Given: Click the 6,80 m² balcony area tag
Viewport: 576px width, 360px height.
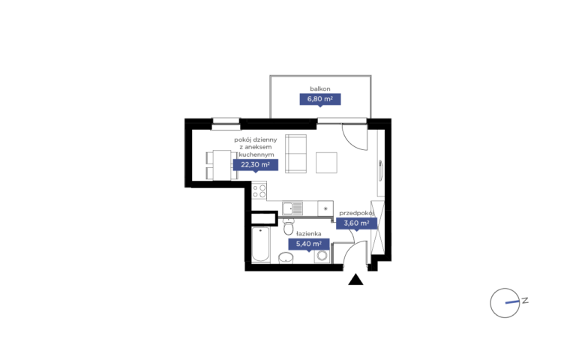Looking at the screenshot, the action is click(x=320, y=99).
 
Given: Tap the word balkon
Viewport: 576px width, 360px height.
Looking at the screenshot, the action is click(x=320, y=88).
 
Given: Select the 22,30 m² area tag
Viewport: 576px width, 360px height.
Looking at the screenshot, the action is click(x=255, y=165).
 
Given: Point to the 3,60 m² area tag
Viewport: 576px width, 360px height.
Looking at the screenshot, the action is click(x=356, y=223).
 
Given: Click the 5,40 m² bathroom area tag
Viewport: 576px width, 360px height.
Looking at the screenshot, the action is click(x=308, y=244).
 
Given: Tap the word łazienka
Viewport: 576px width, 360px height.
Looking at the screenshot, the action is click(x=308, y=234).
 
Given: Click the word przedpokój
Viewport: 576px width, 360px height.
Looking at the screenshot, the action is click(x=356, y=213).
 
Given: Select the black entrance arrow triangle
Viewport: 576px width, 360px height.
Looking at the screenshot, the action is click(x=355, y=280).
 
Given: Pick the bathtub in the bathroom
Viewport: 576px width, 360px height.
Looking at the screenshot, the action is click(x=261, y=244).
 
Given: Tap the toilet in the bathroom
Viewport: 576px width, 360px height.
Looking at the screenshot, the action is click(x=289, y=226).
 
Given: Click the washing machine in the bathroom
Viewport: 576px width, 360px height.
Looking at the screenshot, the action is click(x=322, y=255).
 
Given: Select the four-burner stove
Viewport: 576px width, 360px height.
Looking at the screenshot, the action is click(x=259, y=191).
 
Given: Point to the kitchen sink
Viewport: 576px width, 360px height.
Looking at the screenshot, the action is click(x=292, y=208).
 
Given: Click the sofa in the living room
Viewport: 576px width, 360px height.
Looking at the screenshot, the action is click(x=295, y=154).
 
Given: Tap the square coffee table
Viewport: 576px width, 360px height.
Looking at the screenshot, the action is click(x=326, y=163).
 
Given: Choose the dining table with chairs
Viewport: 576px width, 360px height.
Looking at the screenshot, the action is click(x=221, y=165).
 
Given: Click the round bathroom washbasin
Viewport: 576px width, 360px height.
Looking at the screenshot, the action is click(x=286, y=258).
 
